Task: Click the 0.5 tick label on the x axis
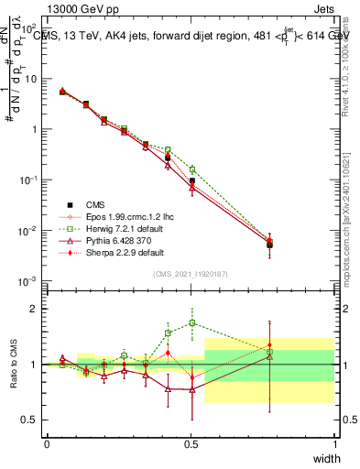pos(191,444)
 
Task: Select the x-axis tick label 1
pos(334,444)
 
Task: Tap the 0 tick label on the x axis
pos(47,444)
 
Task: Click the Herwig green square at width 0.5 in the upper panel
pos(192,169)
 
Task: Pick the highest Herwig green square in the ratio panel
pos(192,322)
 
